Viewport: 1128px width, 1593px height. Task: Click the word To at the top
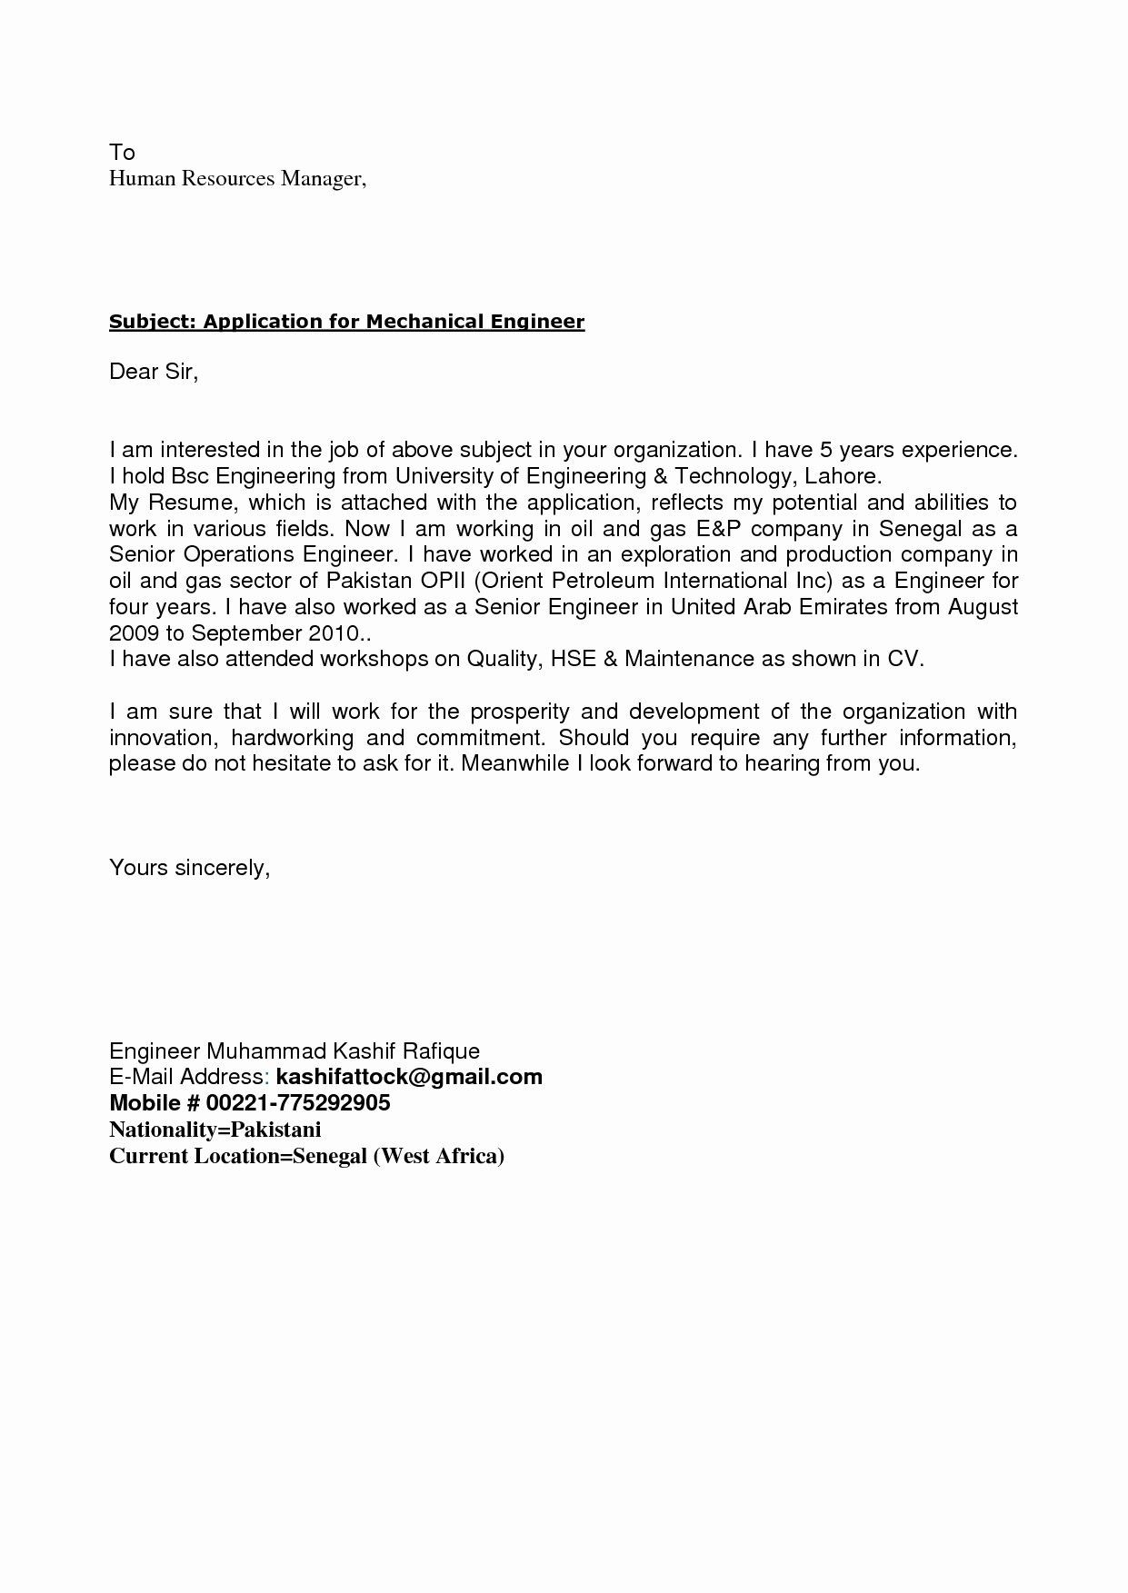click(122, 152)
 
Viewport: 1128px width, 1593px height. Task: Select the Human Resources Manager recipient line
click(237, 178)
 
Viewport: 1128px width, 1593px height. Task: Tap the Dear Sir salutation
click(154, 372)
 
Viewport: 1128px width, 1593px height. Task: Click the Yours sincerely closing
click(189, 868)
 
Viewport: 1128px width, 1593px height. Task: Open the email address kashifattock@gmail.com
click(409, 1078)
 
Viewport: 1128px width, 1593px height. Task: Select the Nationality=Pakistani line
click(215, 1130)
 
